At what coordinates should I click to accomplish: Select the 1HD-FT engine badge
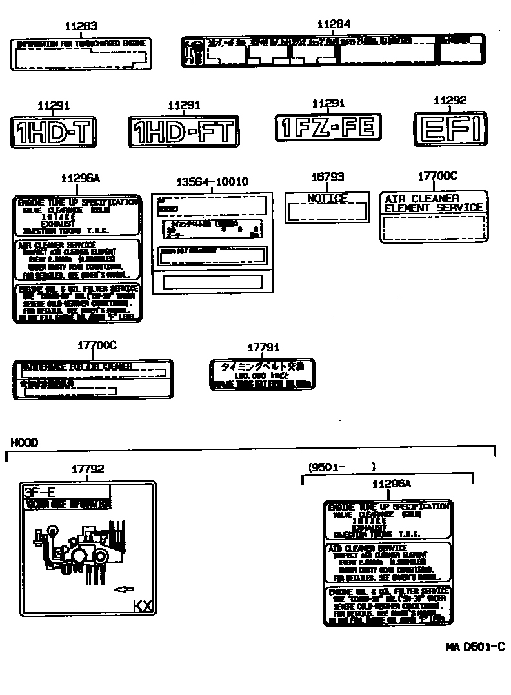coord(184,131)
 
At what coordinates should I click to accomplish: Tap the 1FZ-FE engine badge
coord(328,127)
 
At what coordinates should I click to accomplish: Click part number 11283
coord(81,26)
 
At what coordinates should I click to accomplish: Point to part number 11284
coord(334,24)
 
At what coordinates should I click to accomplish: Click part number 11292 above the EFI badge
coord(450,101)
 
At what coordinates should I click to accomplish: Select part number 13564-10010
coord(212,182)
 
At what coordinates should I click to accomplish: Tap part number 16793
coord(327,176)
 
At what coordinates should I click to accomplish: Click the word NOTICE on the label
coord(327,199)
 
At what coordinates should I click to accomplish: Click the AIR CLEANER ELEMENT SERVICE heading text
coord(433,203)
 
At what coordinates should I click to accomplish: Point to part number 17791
coord(263,347)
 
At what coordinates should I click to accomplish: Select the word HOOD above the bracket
coord(24,442)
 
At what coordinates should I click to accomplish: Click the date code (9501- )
coord(341,466)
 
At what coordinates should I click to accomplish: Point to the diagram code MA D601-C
coord(474,647)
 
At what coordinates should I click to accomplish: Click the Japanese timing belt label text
coord(262,367)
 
